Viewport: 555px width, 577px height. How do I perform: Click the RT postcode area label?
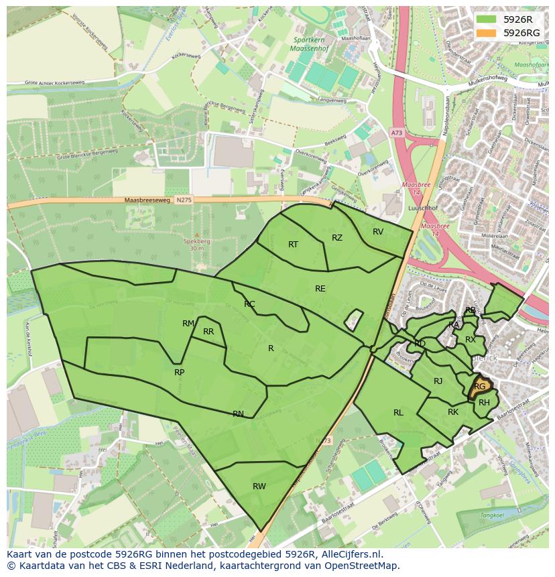point(293,245)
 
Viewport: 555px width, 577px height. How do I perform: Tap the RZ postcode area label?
point(337,238)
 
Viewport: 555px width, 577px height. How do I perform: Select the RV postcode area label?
point(378,232)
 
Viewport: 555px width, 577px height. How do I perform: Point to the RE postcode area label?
point(320,289)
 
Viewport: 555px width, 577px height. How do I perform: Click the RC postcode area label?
point(249,304)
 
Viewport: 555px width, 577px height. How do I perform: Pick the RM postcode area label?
point(188,324)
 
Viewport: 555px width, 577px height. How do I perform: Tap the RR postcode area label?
point(208,332)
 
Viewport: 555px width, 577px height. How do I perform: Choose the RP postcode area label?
point(179,373)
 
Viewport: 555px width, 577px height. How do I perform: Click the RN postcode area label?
point(238,414)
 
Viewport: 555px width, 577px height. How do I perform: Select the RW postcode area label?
point(259,487)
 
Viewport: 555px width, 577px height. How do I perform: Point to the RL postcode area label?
point(398,413)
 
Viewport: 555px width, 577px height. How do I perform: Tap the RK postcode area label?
point(453,412)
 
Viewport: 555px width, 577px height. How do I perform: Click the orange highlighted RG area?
point(479,387)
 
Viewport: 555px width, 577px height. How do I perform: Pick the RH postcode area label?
point(484,403)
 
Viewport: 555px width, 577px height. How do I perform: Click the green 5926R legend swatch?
point(487,19)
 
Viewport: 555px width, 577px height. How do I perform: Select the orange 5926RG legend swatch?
point(487,33)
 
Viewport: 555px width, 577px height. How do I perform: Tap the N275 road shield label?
point(183,200)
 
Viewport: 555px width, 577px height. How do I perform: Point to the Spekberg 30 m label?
point(196,245)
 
